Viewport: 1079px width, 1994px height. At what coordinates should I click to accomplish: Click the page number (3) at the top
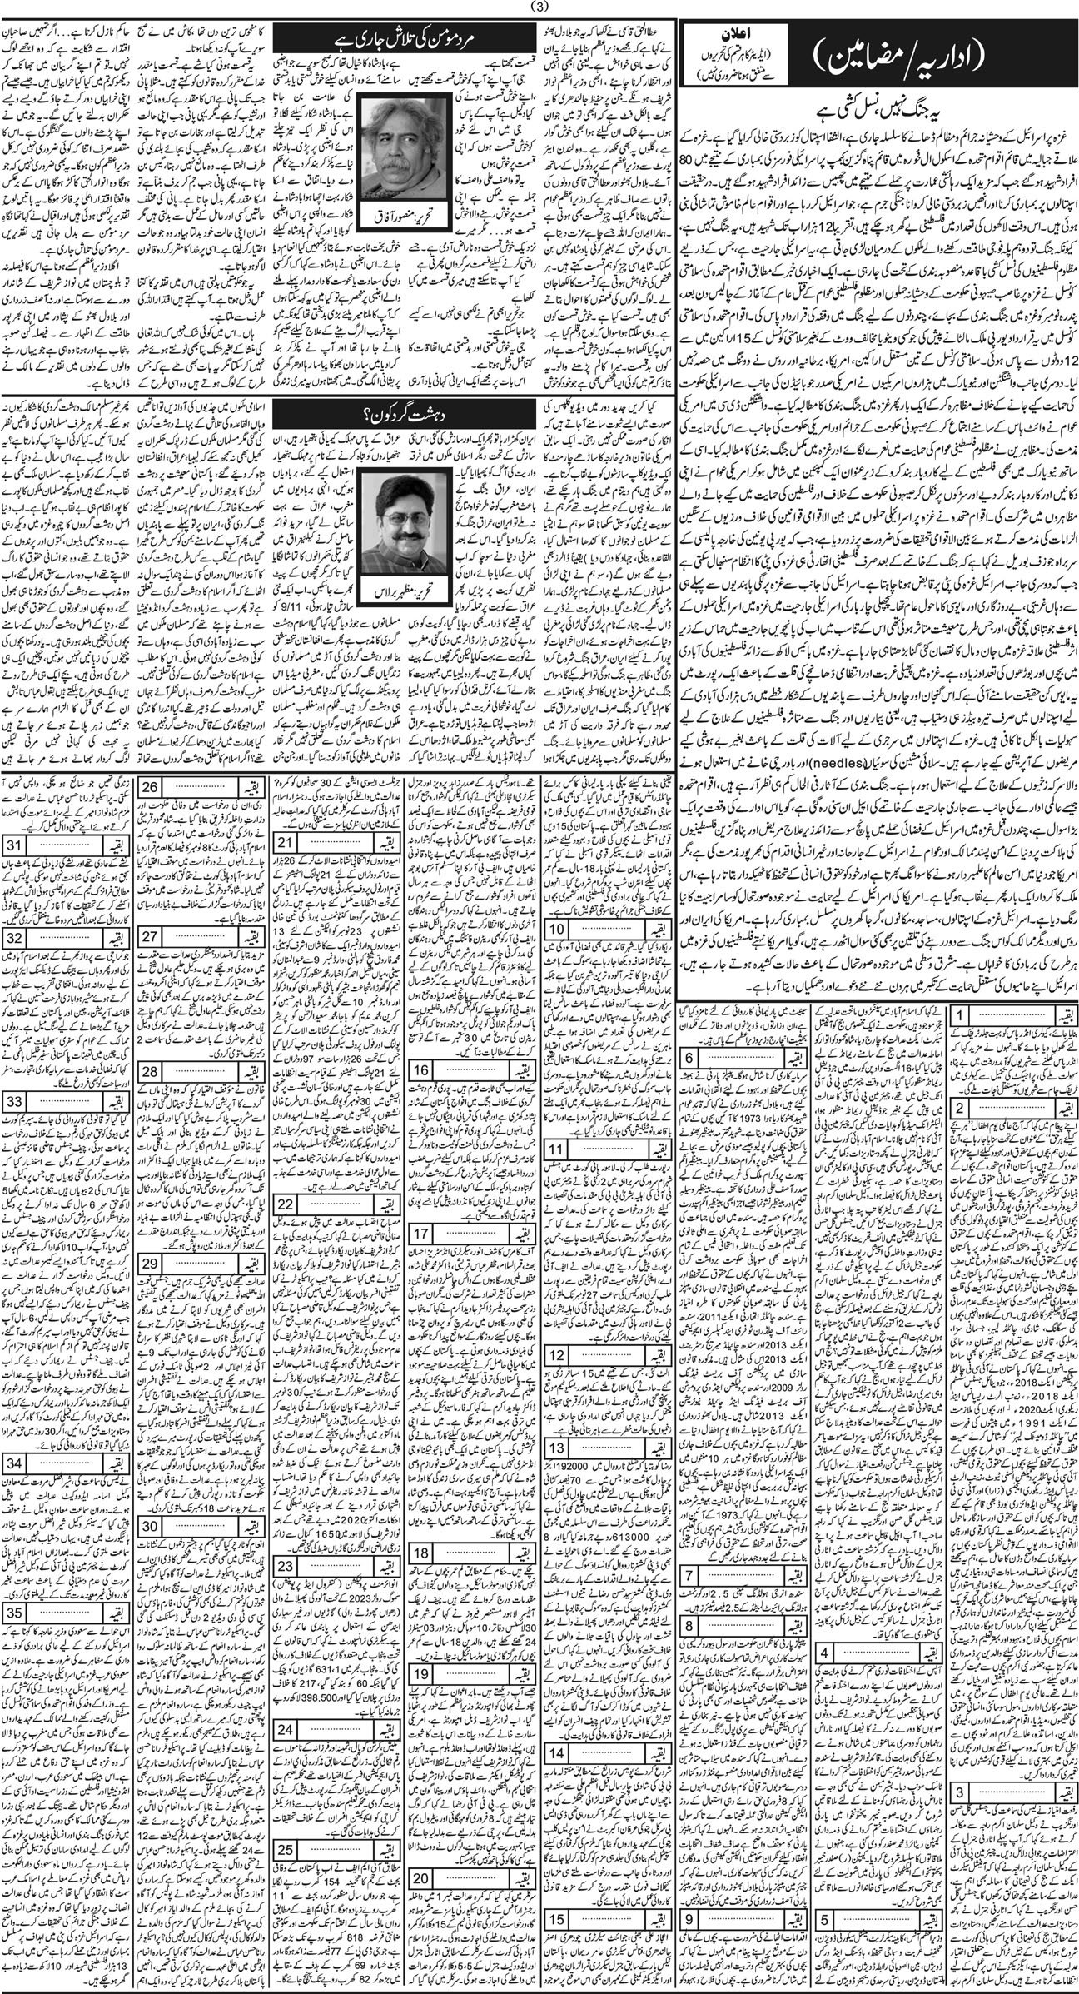click(539, 10)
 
